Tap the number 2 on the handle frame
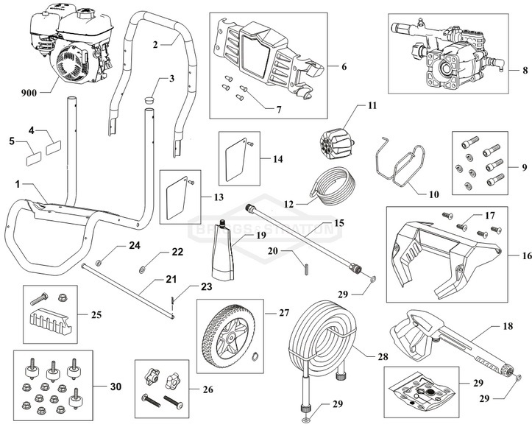click(155, 44)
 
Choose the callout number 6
click(342, 66)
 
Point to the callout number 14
click(277, 159)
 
